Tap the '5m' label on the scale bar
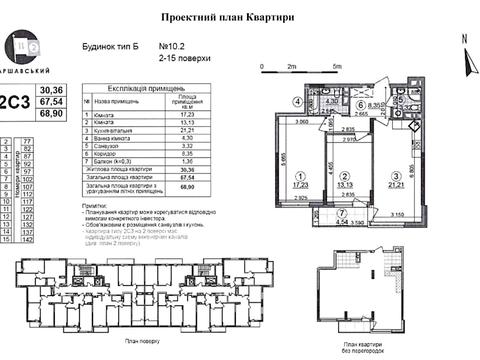338,65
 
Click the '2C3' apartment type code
15,101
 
